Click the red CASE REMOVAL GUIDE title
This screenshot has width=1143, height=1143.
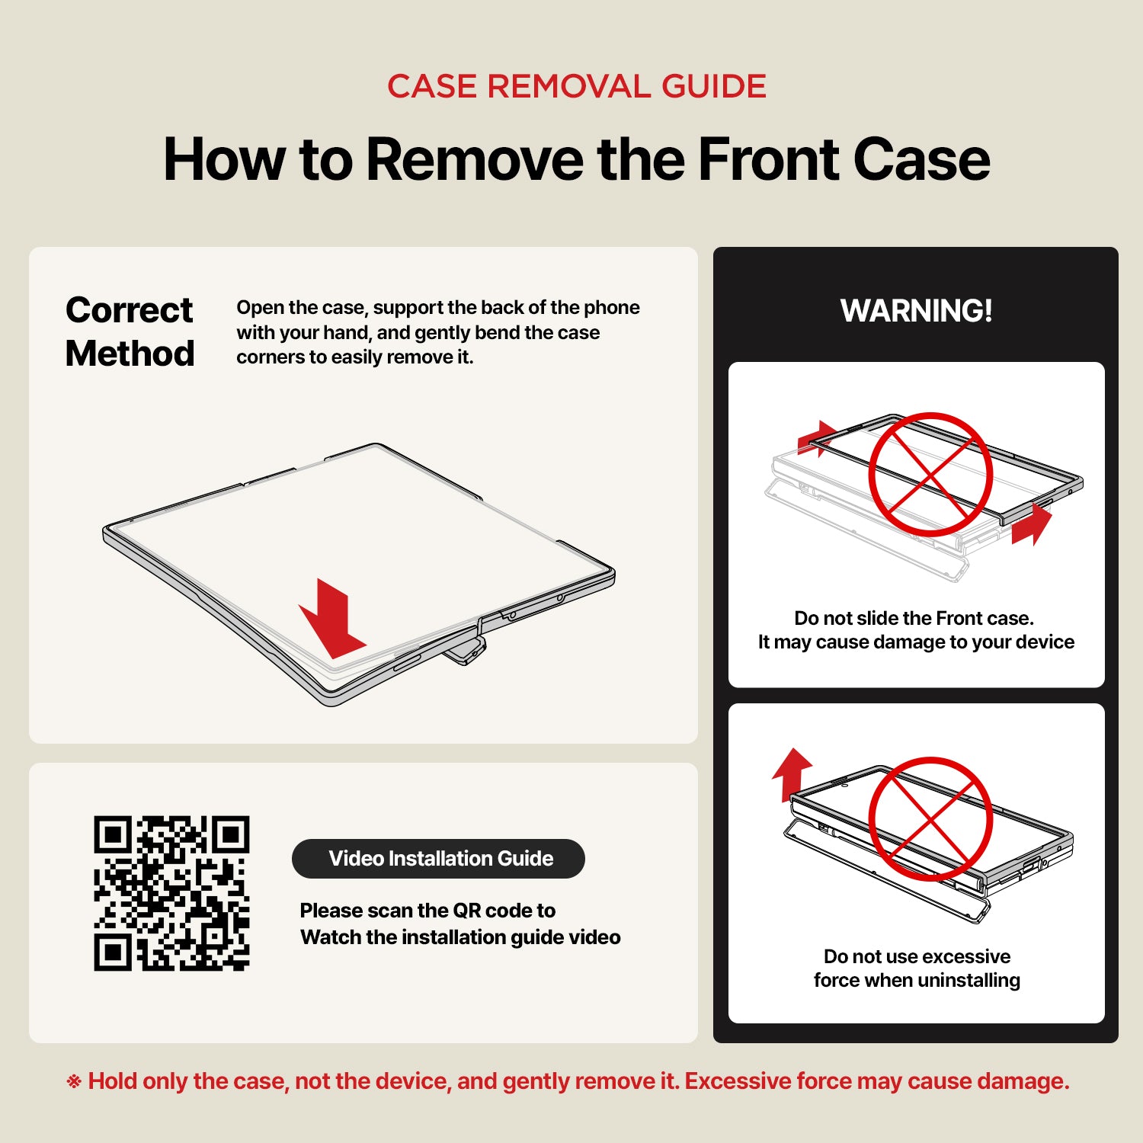(x=577, y=86)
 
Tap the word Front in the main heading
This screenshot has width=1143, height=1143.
(x=769, y=159)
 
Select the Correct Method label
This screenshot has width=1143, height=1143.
(x=130, y=331)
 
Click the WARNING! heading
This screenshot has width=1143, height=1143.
(x=916, y=311)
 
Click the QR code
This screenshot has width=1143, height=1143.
(x=171, y=893)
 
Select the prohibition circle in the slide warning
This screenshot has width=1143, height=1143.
(x=930, y=475)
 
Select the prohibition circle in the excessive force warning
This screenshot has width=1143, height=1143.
(x=930, y=818)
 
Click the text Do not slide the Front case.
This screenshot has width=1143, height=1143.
(x=914, y=618)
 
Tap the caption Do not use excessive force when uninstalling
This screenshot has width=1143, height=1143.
(x=917, y=968)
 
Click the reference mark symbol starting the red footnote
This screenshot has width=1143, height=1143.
(x=74, y=1081)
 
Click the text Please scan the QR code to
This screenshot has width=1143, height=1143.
(x=427, y=911)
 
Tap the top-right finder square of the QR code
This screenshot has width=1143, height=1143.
(x=230, y=835)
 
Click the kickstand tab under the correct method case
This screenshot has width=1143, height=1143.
(x=466, y=652)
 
